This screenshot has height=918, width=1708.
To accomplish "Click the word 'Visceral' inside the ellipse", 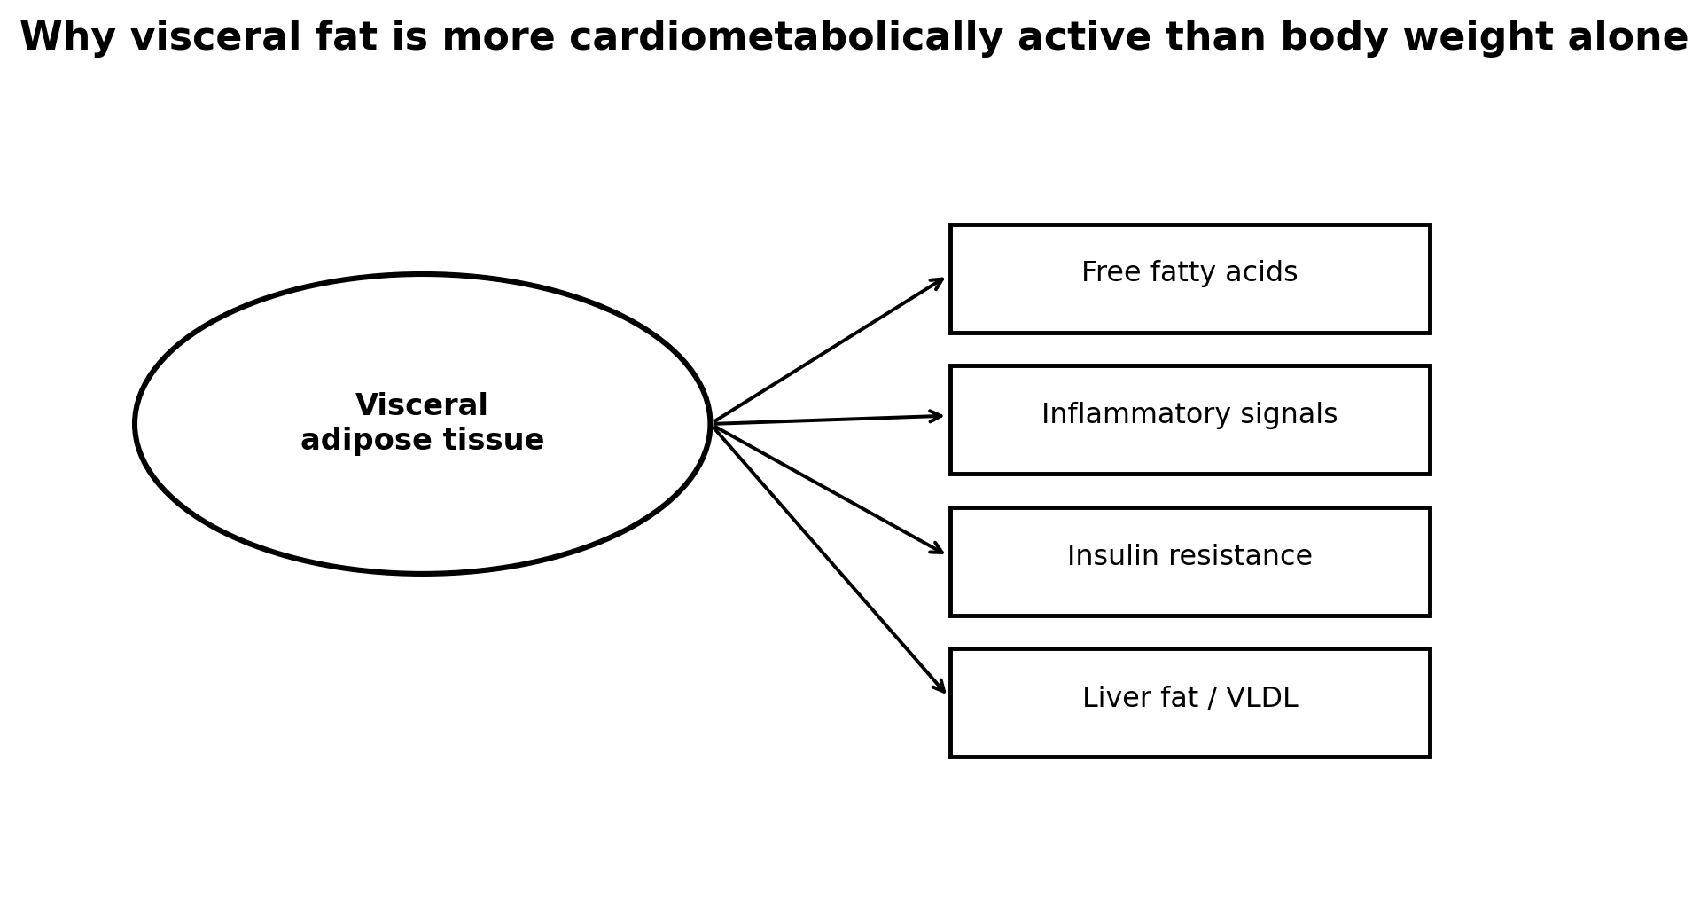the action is pyautogui.click(x=422, y=405).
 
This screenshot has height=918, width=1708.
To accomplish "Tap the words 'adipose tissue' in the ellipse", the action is pyautogui.click(x=422, y=441).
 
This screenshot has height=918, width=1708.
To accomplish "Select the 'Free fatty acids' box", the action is pyautogui.click(x=1189, y=279).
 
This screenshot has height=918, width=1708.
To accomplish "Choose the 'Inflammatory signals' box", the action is pyautogui.click(x=1189, y=420).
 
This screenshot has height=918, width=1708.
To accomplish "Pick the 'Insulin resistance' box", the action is pyautogui.click(x=1189, y=561).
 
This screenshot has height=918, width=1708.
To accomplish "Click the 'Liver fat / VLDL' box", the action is pyautogui.click(x=1189, y=702).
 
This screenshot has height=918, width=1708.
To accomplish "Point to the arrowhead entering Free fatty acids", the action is pyautogui.click(x=937, y=282).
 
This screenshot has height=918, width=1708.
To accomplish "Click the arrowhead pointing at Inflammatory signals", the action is pyautogui.click(x=936, y=416).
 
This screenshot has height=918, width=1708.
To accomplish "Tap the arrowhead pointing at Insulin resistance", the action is pyautogui.click(x=937, y=550).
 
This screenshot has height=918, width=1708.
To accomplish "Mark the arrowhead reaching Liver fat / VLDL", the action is pyautogui.click(x=939, y=686).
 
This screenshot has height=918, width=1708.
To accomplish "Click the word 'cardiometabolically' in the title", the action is pyautogui.click(x=785, y=38).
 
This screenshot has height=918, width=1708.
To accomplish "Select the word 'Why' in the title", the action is pyautogui.click(x=52, y=38).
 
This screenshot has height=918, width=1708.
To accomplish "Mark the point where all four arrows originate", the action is pyautogui.click(x=712, y=424).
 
